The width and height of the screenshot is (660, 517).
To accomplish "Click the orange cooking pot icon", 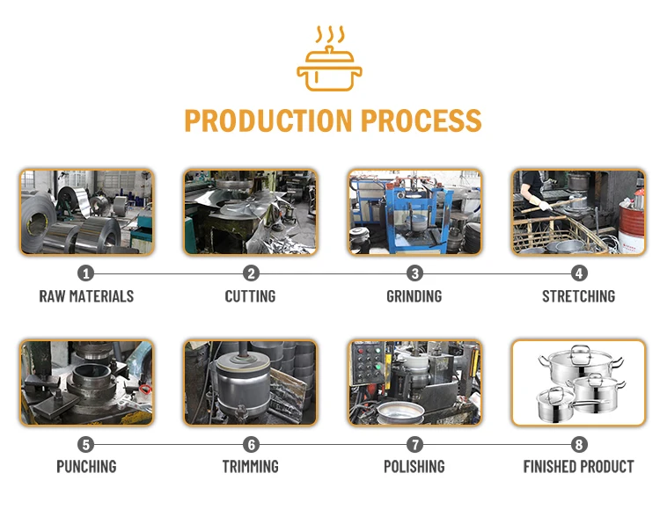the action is point(330,61).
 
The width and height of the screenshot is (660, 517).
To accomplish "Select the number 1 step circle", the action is point(86,273).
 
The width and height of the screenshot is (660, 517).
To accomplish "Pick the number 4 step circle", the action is point(578,273).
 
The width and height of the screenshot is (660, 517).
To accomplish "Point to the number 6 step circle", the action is point(251,444).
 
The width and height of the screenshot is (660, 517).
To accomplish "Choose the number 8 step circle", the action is point(578,444).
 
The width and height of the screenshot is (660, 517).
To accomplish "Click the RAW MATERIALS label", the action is point(86,296).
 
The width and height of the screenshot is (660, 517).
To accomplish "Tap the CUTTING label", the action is point(251,296).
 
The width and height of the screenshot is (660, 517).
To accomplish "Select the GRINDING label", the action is point(414,296).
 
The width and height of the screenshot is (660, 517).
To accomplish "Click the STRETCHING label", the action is point(578,296).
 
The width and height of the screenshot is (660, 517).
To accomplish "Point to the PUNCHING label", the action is point(86,467).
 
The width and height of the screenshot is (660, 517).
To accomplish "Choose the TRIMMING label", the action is point(251,467).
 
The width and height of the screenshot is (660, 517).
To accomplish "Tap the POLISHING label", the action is point(414,467).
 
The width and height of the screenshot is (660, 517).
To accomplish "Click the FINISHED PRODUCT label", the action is point(578,467).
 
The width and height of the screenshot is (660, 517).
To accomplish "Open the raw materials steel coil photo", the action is point(86,212).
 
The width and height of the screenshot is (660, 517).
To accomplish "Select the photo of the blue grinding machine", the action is point(414,212).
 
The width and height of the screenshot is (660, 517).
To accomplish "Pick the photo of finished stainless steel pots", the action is point(578,382).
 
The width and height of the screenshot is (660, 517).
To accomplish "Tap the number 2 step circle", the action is point(251,273).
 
